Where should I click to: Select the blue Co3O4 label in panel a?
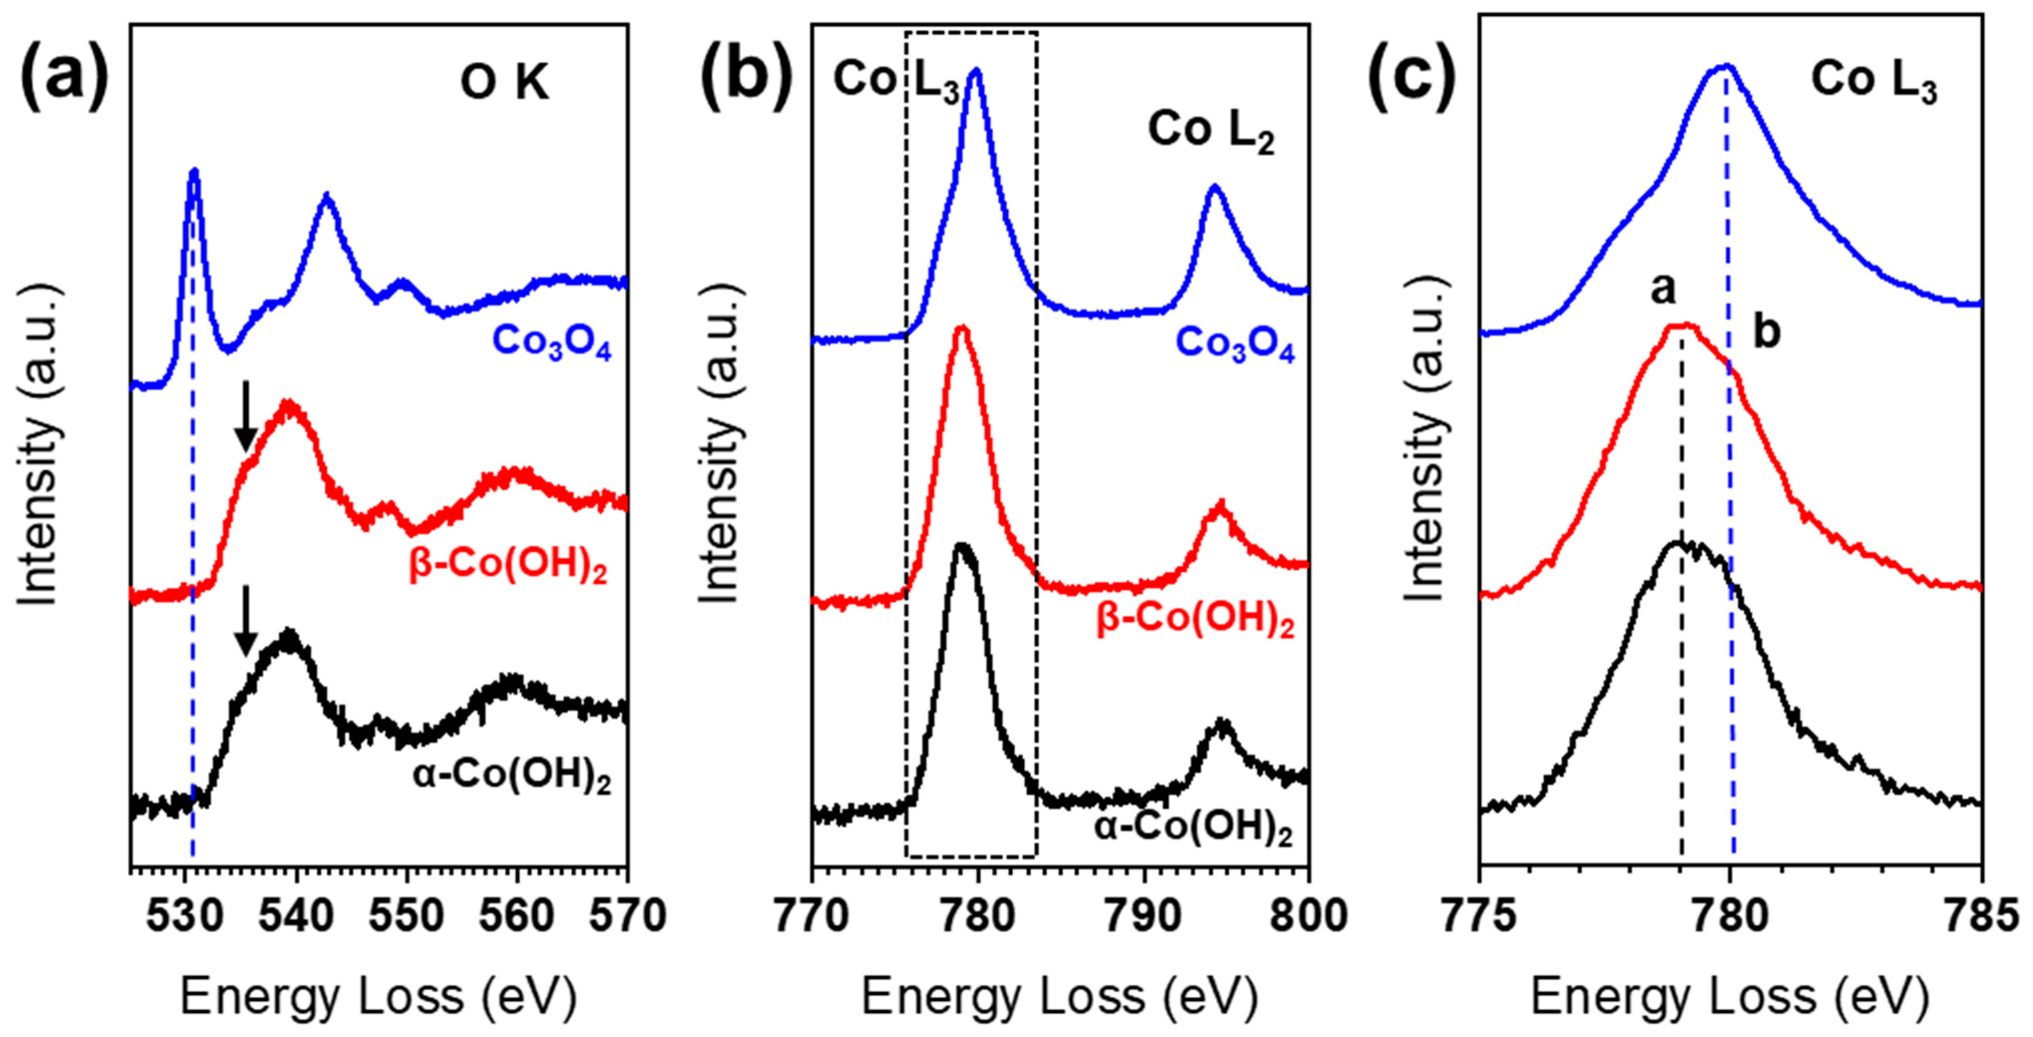pyautogui.click(x=552, y=343)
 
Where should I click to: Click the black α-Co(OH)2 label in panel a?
pyautogui.click(x=511, y=777)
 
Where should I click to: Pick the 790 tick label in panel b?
pyautogui.click(x=1143, y=917)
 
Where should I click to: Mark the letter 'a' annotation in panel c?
pyautogui.click(x=1662, y=290)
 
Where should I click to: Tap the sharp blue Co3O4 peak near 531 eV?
pyautogui.click(x=194, y=172)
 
